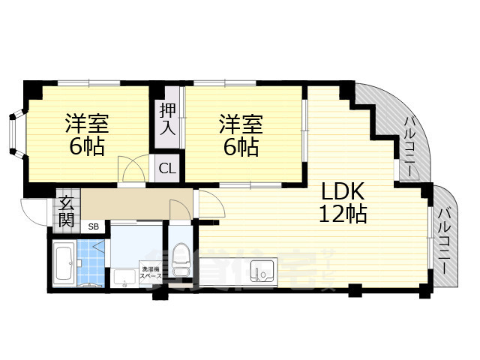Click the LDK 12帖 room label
click(344, 202)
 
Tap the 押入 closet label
click(167, 120)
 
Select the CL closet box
click(166, 169)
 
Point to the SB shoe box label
click(94, 226)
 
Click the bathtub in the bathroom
click(64, 263)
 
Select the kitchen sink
click(262, 271)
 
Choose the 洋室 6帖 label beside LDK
click(241, 133)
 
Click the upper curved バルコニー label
click(410, 146)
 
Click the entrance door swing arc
click(34, 210)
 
